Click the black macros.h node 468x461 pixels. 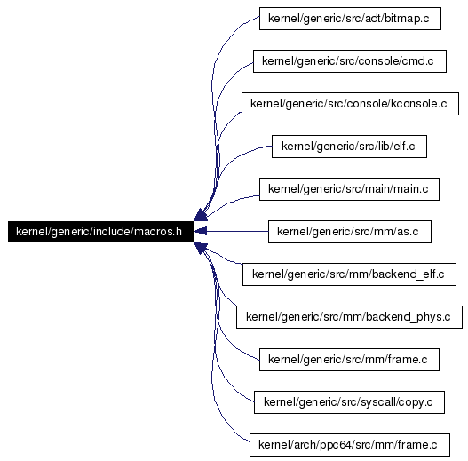(x=100, y=232)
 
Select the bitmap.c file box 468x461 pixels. (x=350, y=19)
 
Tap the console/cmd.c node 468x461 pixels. (x=350, y=61)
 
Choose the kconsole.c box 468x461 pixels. (x=350, y=104)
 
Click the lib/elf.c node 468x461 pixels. (x=349, y=147)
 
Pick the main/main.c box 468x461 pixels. (x=349, y=189)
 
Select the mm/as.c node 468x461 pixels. (x=350, y=232)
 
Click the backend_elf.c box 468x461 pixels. (x=349, y=274)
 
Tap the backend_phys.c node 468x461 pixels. (x=349, y=317)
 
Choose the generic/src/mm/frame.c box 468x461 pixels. (x=349, y=360)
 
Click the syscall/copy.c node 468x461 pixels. (x=349, y=402)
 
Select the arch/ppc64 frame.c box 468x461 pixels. (x=350, y=445)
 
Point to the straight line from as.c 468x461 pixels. (x=237, y=232)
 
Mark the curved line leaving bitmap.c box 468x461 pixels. (x=213, y=90)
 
